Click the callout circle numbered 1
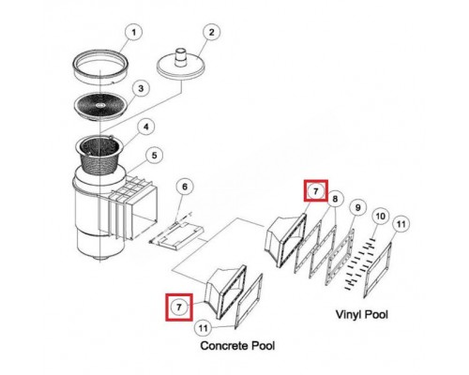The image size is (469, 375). [133, 33]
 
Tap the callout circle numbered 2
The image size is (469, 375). [211, 32]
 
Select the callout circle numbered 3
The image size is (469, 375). [141, 88]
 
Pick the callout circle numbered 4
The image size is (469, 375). [145, 127]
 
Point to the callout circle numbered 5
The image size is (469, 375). [154, 156]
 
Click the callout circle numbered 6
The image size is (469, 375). [185, 187]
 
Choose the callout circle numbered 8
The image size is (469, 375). [335, 199]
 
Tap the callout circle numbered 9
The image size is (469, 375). [358, 207]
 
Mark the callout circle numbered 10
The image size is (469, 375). [380, 216]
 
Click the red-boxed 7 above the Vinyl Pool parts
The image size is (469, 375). [315, 190]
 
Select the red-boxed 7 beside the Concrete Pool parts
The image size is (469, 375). [179, 307]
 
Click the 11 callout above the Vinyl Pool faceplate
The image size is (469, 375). [401, 224]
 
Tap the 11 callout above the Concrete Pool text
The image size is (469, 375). [204, 328]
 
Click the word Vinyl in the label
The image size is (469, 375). [349, 314]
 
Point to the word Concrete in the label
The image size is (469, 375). [223, 346]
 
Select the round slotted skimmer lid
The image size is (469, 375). [100, 106]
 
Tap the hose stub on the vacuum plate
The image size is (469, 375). [180, 57]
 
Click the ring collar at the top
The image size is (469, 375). [99, 67]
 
